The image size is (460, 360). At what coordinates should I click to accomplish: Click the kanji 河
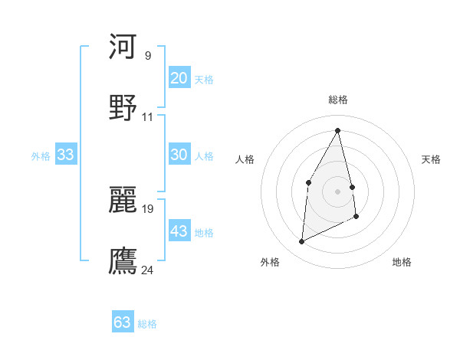click(x=123, y=47)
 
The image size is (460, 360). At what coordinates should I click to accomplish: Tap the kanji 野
click(x=123, y=107)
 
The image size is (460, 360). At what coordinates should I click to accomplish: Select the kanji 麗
click(x=123, y=200)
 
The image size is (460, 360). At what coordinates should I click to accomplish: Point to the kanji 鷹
click(x=123, y=260)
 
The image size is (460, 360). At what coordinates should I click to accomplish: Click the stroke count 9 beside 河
click(x=147, y=56)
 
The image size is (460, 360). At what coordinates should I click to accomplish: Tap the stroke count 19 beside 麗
click(x=148, y=208)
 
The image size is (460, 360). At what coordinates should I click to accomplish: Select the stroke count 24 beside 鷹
click(x=148, y=270)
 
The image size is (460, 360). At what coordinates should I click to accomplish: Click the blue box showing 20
click(x=179, y=78)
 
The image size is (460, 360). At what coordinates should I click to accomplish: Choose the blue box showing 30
click(x=179, y=155)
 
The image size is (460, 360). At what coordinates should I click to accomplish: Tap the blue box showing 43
click(x=179, y=231)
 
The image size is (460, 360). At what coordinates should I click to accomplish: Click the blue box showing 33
click(x=65, y=155)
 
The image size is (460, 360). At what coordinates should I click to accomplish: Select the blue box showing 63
click(x=123, y=322)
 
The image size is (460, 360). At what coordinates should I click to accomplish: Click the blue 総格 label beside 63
click(x=147, y=324)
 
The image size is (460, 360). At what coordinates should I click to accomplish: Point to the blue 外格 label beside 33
click(x=41, y=156)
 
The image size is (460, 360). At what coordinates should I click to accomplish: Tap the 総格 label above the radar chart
click(x=338, y=100)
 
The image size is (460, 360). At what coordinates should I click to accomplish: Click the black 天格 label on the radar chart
click(x=432, y=159)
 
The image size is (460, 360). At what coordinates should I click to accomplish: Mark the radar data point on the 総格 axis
click(x=338, y=130)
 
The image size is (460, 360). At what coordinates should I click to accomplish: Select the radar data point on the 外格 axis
click(x=302, y=242)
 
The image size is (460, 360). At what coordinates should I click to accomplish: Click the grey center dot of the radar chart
click(x=338, y=191)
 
